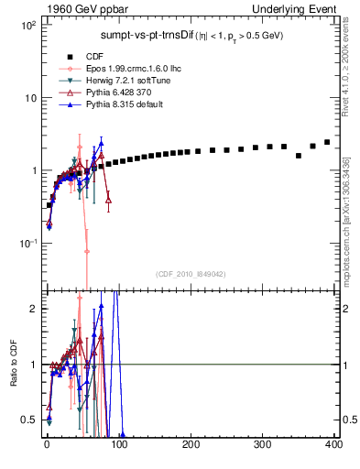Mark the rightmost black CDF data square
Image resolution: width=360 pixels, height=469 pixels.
(327, 142)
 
